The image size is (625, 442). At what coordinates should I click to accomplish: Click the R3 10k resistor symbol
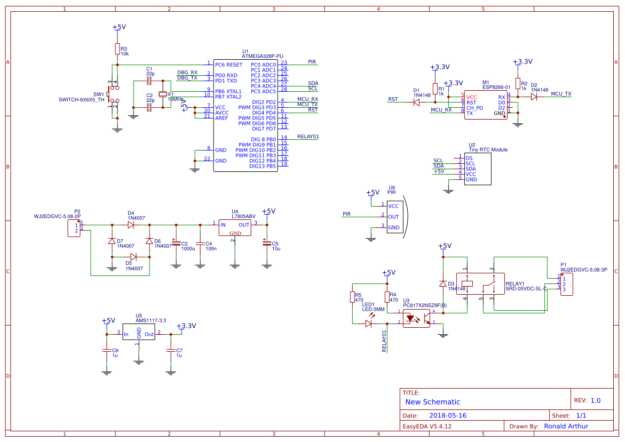[117, 49]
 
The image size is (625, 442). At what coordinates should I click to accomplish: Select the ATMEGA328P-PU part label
[263, 56]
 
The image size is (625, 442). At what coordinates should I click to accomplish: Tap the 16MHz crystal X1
[163, 94]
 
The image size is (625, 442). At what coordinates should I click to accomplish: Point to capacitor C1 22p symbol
[149, 81]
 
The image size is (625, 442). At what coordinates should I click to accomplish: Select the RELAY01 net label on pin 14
[308, 137]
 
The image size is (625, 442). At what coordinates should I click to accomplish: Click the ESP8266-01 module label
[496, 87]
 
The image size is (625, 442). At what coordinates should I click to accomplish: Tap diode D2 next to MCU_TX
[534, 97]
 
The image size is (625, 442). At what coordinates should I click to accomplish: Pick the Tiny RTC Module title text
[488, 150]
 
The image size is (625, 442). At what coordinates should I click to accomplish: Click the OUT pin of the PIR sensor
[393, 217]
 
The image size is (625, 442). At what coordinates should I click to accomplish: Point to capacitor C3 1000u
[176, 243]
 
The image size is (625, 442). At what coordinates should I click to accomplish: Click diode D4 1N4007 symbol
[131, 225]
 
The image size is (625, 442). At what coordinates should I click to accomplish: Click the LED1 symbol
[369, 323]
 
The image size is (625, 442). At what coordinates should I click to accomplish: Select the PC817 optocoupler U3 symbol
[416, 319]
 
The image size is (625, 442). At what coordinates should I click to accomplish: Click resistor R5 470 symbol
[352, 297]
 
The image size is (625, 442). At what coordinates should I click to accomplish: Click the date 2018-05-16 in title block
[448, 415]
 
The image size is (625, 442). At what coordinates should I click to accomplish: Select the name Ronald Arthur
[566, 426]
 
